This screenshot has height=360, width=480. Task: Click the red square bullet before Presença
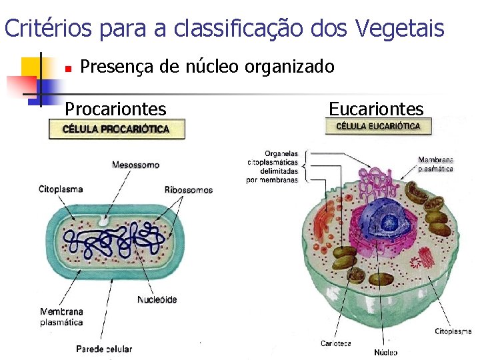coord(67,68)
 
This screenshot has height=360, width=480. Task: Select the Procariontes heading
coord(115,109)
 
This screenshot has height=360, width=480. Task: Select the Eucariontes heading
coord(376,109)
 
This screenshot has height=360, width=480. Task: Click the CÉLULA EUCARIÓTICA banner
coord(378,125)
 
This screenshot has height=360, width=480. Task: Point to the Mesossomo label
coord(135,164)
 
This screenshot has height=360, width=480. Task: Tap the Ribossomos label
coord(189,190)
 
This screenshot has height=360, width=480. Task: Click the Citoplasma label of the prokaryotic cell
coord(61,190)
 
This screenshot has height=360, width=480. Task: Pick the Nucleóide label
coord(157,300)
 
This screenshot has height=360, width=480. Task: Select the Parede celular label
coord(104,349)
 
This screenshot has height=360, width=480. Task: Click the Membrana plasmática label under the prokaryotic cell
coord(61,317)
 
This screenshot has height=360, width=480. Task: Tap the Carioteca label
coord(335,344)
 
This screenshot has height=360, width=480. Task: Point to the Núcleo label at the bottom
coord(385,352)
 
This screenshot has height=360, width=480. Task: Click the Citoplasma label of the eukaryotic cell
coord(453,331)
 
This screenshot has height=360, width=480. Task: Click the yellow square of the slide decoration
coord(31,66)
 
